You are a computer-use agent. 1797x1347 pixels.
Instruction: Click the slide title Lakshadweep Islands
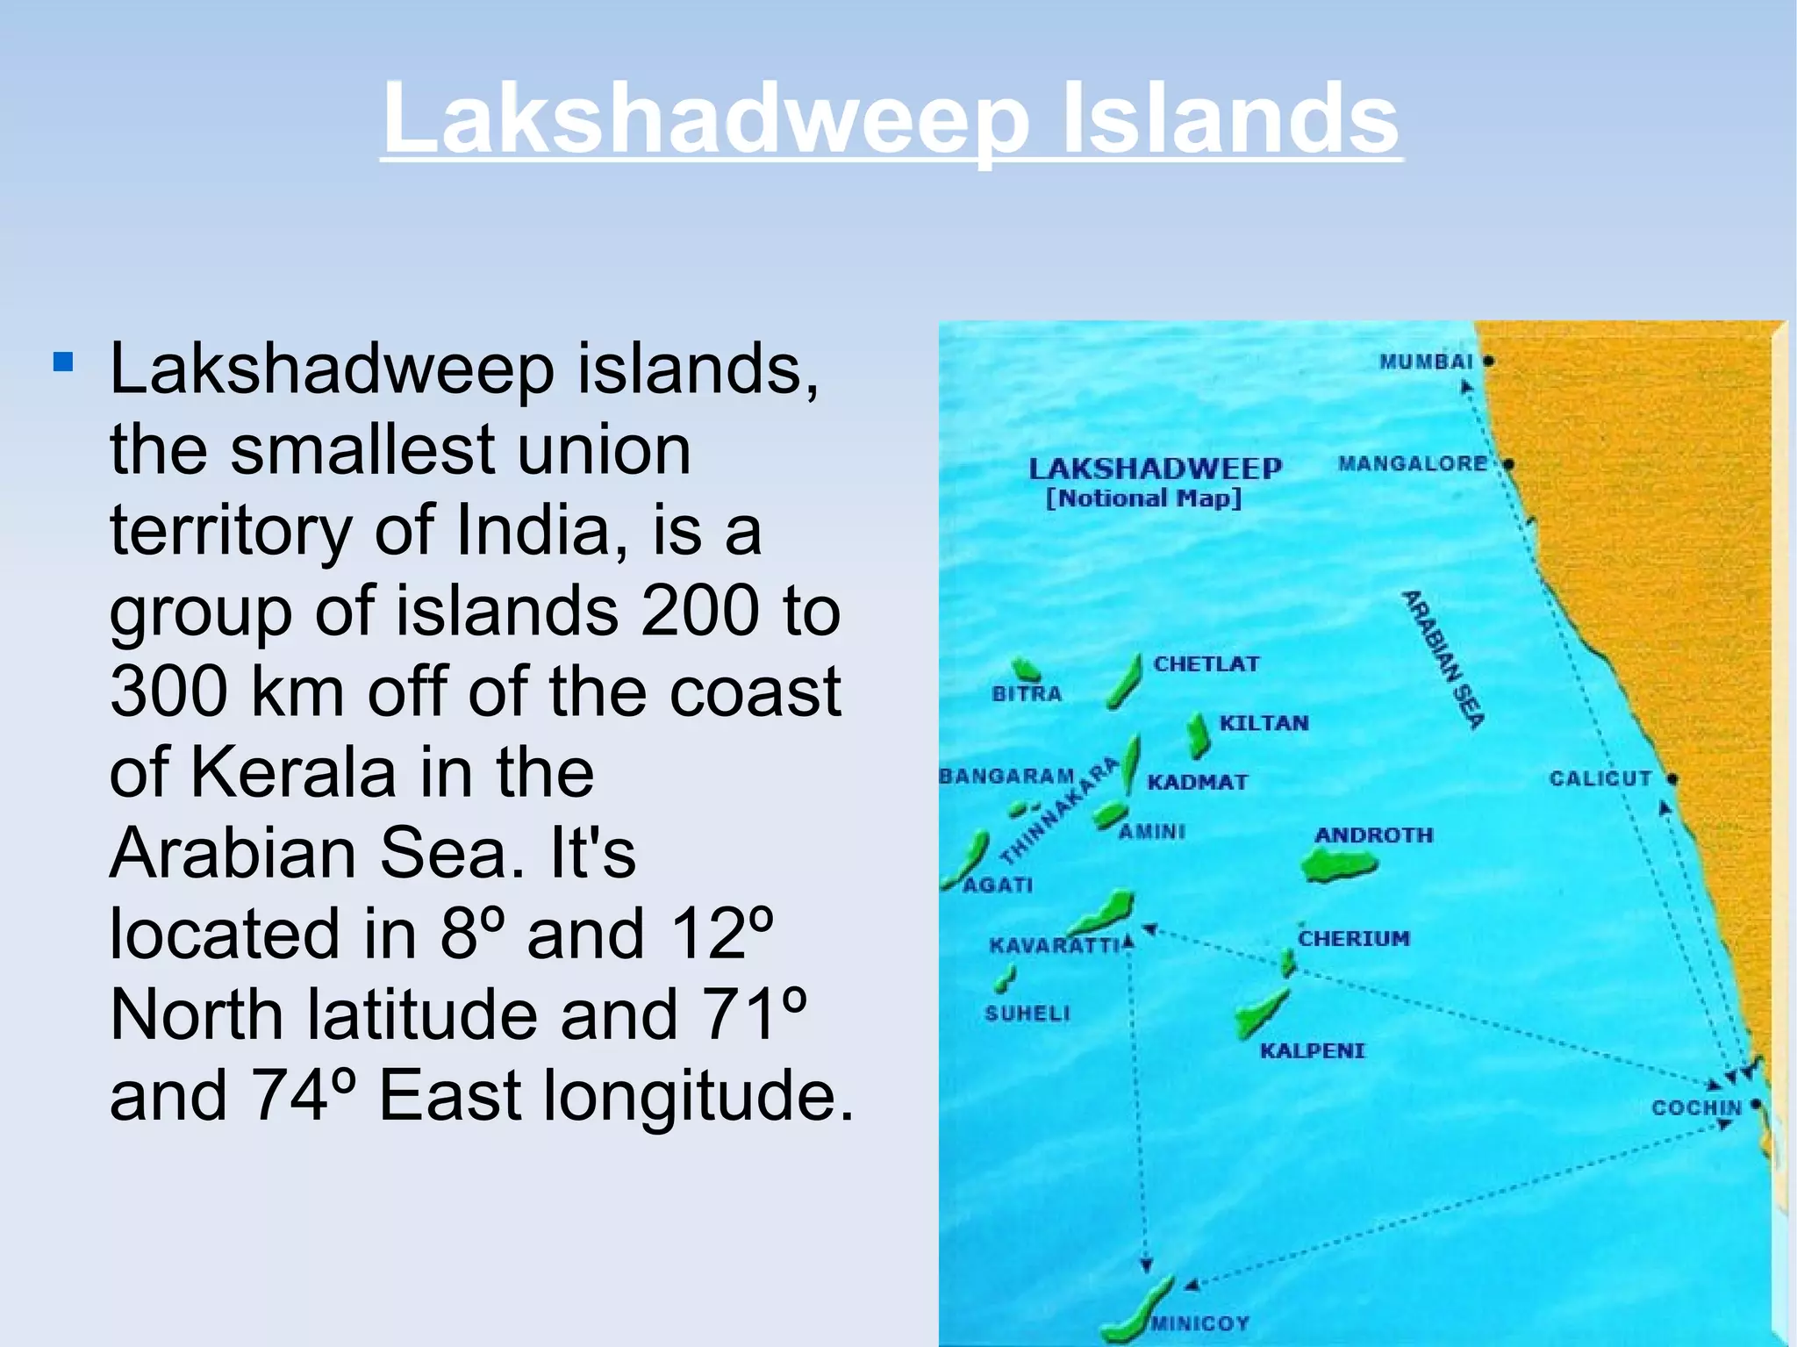pos(891,118)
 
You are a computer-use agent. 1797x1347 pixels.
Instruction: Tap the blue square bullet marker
pos(62,362)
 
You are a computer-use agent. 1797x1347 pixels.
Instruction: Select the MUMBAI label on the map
pos(1426,362)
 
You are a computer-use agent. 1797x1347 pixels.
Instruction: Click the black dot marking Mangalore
pos(1508,463)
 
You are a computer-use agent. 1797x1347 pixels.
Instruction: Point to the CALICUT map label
pos(1600,778)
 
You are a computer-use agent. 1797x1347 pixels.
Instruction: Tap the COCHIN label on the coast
pos(1695,1107)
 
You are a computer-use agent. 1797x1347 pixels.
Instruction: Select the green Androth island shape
pos(1338,867)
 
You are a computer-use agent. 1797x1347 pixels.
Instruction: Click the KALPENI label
pos(1313,1050)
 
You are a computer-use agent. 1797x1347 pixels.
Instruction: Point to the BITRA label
pos(1027,694)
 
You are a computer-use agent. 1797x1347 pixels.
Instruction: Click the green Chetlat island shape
pos(1124,681)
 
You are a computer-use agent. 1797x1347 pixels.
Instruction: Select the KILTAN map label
pos(1264,723)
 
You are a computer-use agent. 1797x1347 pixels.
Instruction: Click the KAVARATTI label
pos(1055,945)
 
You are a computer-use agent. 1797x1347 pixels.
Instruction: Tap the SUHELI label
pos(1027,1014)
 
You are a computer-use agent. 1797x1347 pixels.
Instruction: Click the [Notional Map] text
pos(1143,498)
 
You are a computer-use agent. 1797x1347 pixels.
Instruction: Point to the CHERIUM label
pos(1354,938)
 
